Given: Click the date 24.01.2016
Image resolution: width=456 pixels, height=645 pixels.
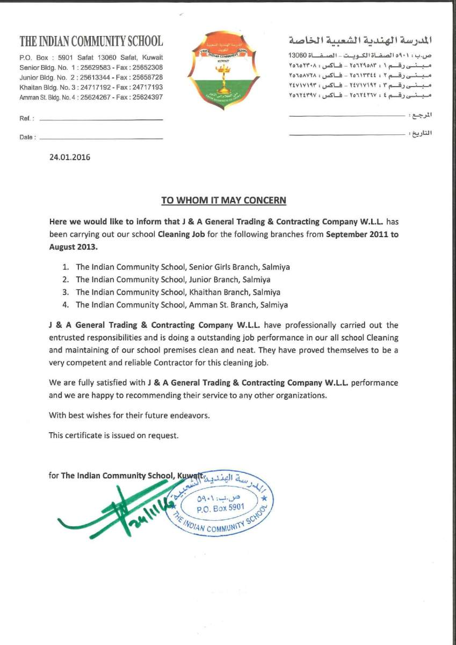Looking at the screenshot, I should coord(70,157).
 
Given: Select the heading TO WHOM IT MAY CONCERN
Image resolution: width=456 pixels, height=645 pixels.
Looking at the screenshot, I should coord(224,200).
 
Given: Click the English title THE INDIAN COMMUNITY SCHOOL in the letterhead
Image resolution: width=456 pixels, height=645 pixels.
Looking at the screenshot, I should coord(91,41).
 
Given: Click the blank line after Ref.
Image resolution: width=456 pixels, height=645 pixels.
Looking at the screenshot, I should coord(101,119).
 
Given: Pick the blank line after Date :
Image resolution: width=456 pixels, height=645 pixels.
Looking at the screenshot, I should coord(101,139).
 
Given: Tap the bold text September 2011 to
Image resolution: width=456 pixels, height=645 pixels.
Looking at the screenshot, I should coord(362,234).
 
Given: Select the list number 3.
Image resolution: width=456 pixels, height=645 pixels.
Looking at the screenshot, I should coord(65,292).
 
